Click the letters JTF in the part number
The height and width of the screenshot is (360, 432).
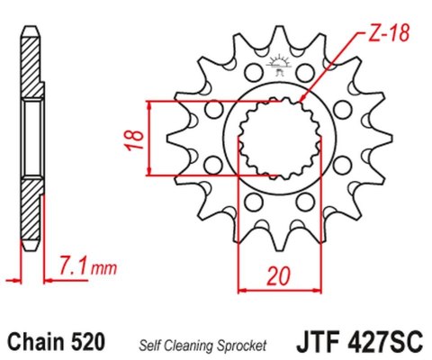tap(313, 343)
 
